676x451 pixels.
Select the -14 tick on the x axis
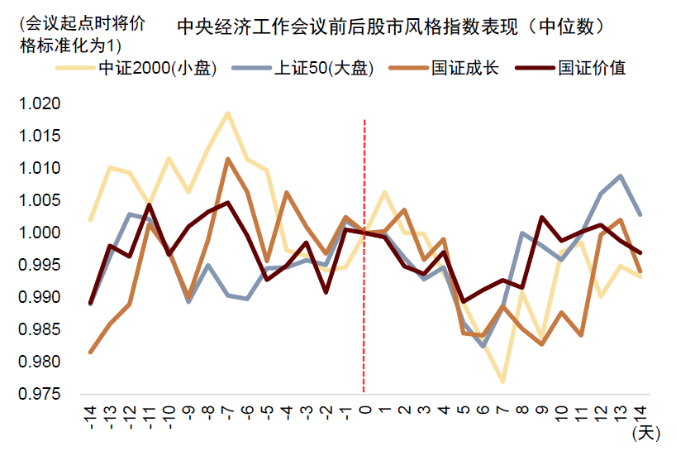(90, 413)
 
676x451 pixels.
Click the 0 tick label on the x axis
(364, 409)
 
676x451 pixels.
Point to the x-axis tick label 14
(639, 411)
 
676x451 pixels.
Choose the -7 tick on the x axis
(227, 413)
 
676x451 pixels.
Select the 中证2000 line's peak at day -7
(227, 113)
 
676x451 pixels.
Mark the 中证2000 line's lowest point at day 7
(502, 381)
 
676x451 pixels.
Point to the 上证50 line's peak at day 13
(620, 175)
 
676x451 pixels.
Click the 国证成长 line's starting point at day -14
(90, 352)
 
